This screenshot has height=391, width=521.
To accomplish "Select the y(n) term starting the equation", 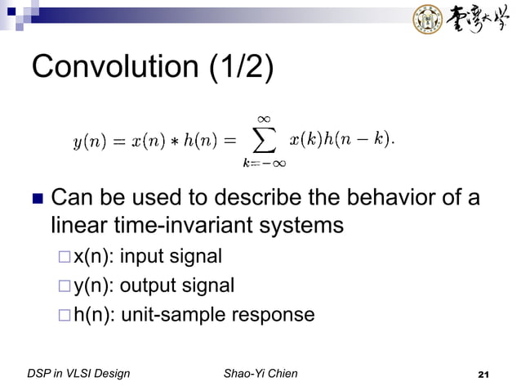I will tap(87, 142).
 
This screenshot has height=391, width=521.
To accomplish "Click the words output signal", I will tap(177, 286).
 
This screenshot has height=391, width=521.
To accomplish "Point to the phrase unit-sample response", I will tap(217, 315).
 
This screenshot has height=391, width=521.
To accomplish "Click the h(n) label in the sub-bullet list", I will tap(94, 315).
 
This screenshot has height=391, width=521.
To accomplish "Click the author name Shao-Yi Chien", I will tap(260, 375).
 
